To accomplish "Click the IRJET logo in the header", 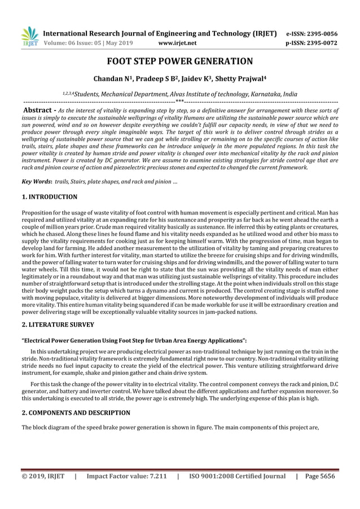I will [x=29, y=36].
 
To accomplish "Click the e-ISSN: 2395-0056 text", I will [x=312, y=33].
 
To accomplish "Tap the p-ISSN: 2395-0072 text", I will [x=312, y=43].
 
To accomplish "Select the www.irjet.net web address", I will [x=178, y=43].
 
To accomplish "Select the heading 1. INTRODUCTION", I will [x=50, y=197].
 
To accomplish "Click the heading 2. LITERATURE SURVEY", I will [x=58, y=324].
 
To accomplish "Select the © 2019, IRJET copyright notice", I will [x=43, y=476].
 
